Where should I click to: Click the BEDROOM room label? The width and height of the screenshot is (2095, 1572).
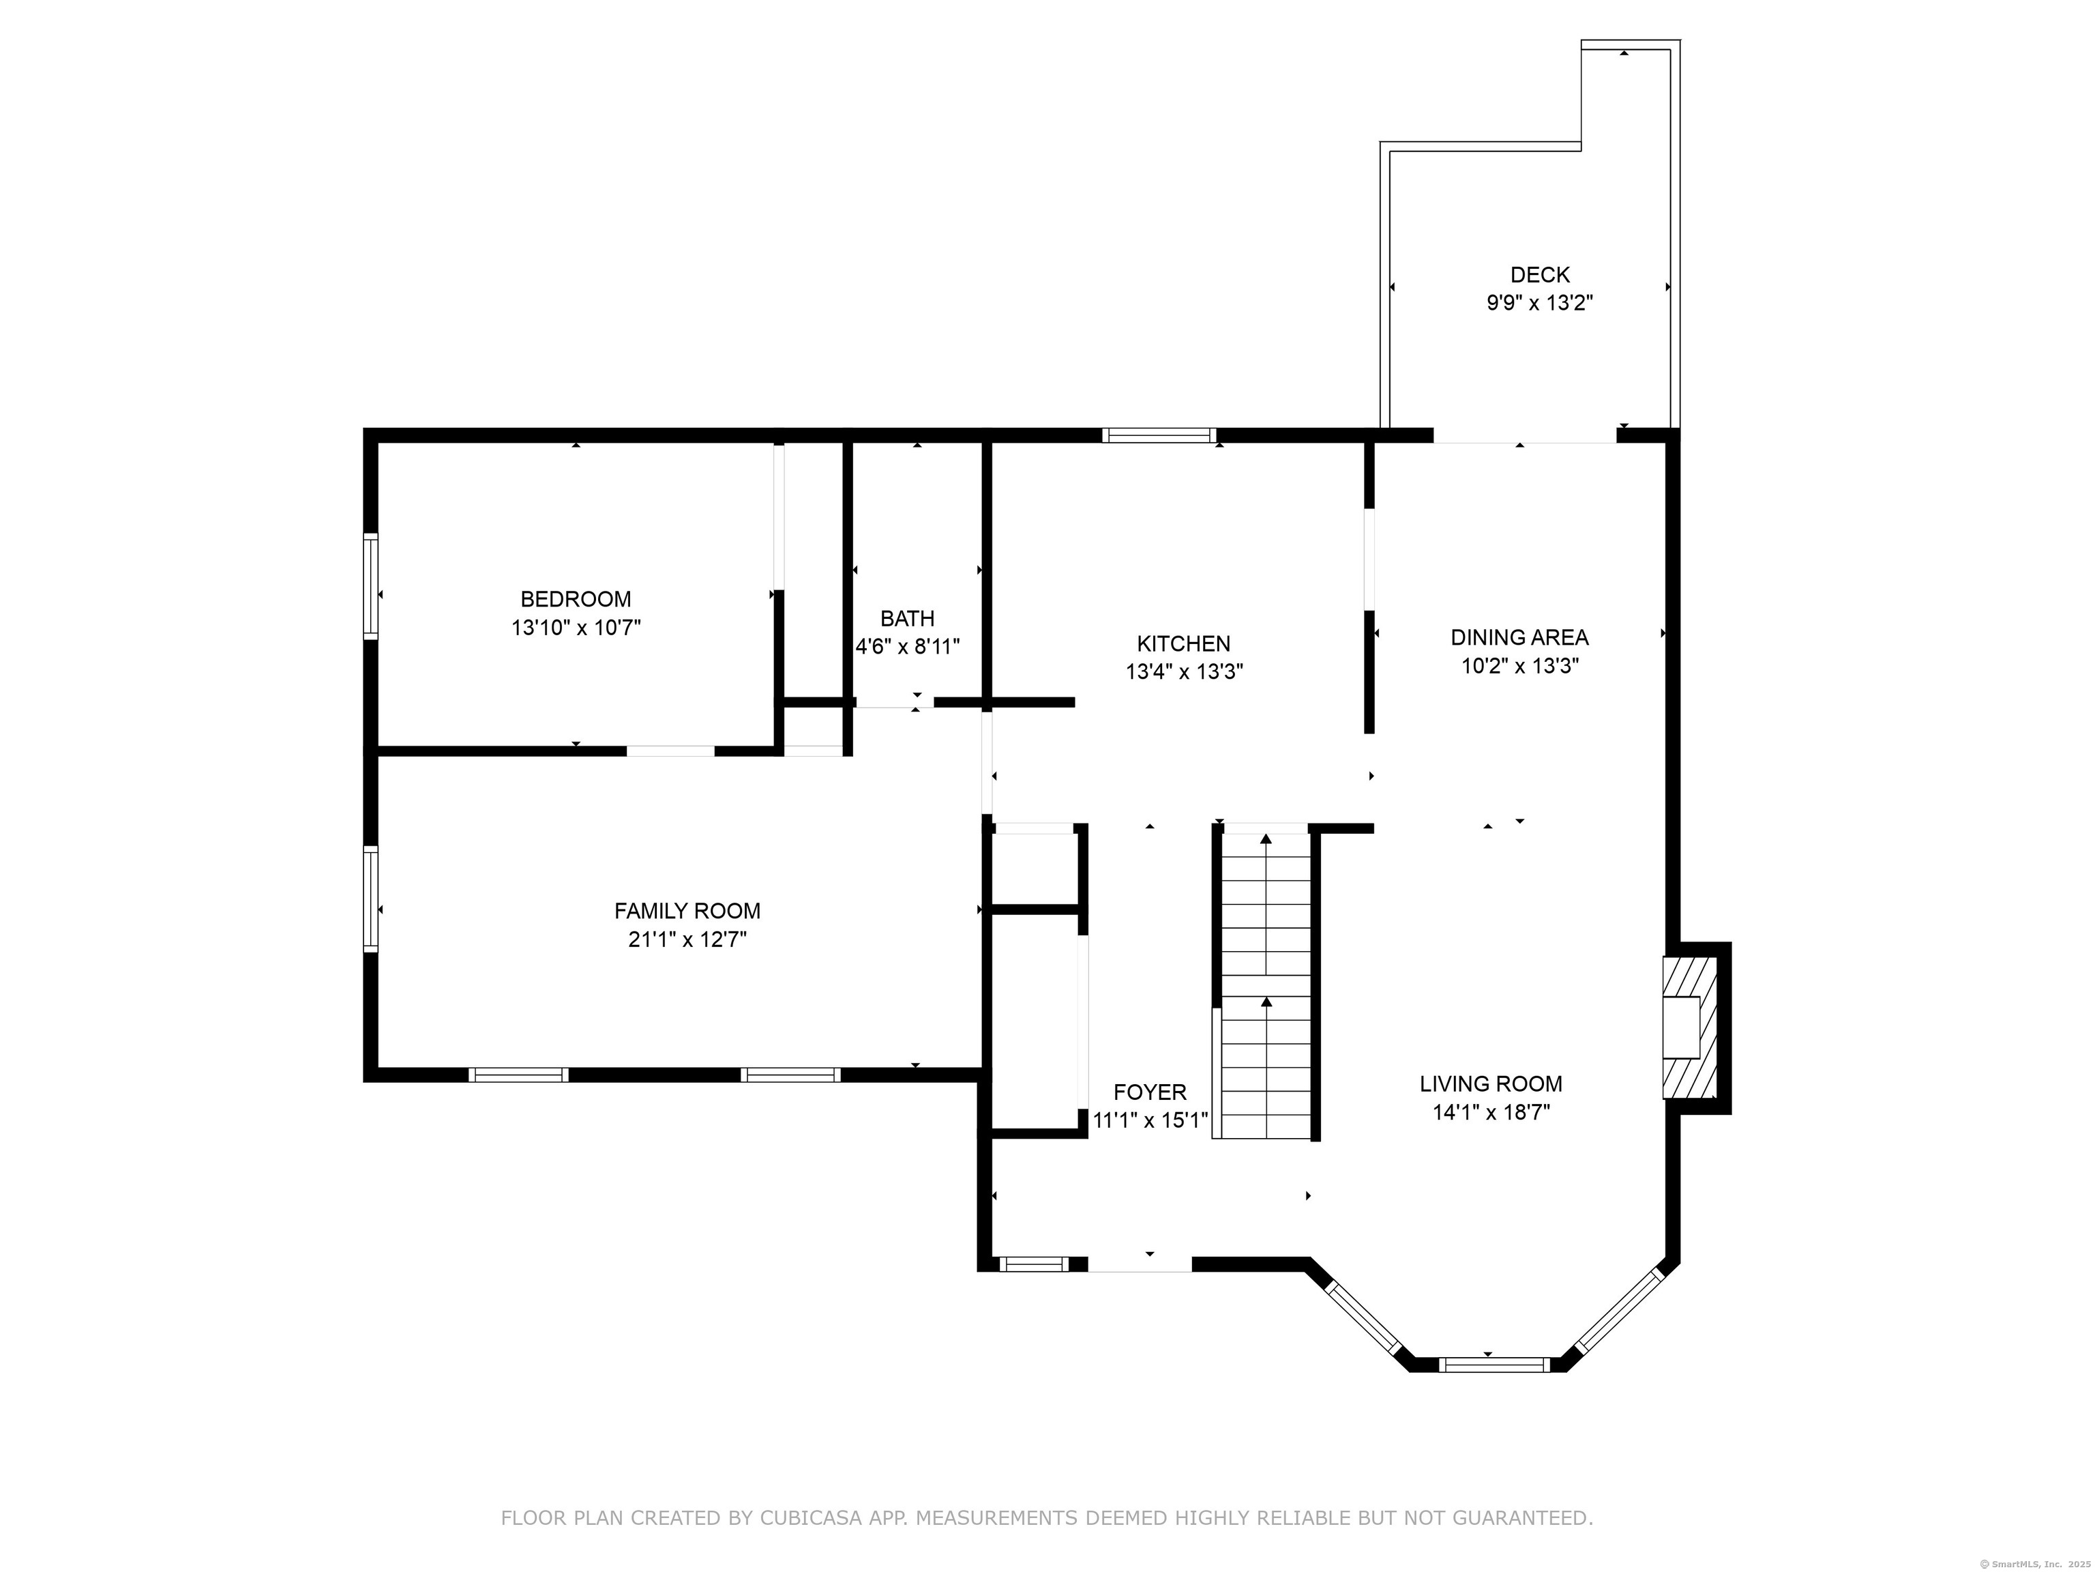(576, 599)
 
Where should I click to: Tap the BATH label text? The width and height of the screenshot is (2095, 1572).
(907, 619)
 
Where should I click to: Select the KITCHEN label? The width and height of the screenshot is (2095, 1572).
(1184, 643)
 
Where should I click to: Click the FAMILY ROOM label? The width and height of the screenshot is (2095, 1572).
(687, 911)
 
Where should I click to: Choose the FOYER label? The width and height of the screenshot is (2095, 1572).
(1150, 1092)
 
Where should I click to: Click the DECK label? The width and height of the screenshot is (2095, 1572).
(1540, 275)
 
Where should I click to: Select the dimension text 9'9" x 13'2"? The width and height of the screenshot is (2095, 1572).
(1540, 303)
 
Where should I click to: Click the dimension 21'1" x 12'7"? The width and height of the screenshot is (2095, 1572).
(687, 939)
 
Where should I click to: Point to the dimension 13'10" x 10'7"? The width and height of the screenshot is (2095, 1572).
(576, 627)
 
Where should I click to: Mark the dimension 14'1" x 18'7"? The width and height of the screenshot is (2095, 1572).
(1491, 1111)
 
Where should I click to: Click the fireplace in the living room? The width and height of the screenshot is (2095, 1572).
(1691, 1028)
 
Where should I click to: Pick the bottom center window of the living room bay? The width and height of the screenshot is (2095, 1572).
(1495, 1365)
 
